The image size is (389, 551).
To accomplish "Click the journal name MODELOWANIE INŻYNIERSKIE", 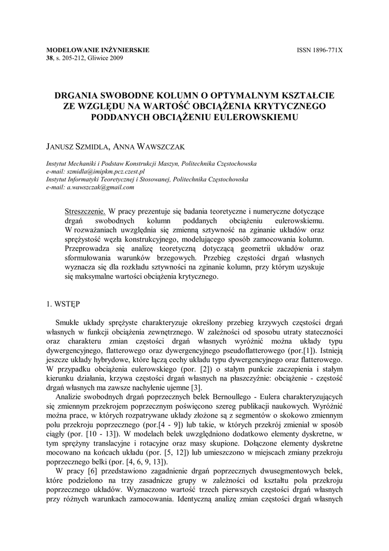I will click(98, 50).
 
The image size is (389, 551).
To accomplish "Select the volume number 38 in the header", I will click(50, 58).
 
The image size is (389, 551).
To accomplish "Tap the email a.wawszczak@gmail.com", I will click(100, 188).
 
